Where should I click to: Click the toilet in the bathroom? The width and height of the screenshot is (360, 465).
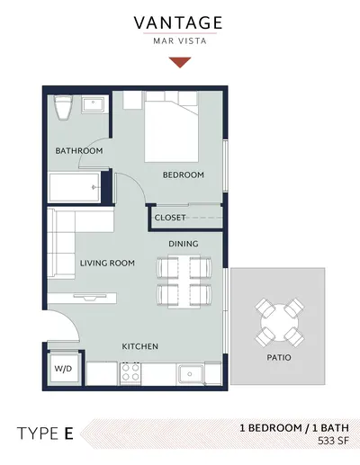(63, 108)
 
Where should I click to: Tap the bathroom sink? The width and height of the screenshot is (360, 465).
(93, 104)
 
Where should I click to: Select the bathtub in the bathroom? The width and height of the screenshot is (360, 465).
(75, 187)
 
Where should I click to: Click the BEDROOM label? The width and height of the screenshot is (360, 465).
(184, 174)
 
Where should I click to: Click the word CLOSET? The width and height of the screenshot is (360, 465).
(170, 218)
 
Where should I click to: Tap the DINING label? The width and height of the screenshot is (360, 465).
(184, 244)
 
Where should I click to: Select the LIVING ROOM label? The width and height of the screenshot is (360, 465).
(107, 264)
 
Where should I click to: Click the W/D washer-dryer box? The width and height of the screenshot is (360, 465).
(63, 369)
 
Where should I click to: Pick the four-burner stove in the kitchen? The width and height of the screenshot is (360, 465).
(130, 372)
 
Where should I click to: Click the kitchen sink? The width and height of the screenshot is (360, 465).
(191, 374)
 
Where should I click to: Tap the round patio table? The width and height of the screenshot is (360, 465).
(280, 322)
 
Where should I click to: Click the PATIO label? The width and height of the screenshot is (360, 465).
(279, 357)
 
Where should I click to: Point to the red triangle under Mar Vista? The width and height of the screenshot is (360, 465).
(180, 62)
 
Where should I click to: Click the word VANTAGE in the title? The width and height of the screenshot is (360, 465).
(178, 22)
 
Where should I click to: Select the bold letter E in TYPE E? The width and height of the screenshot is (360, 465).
(68, 434)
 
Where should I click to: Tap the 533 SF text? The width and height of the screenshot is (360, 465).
(333, 441)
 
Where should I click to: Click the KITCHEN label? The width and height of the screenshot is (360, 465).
(139, 346)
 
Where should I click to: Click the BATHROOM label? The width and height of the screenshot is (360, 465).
(79, 150)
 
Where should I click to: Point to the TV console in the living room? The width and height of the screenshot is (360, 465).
(82, 298)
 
